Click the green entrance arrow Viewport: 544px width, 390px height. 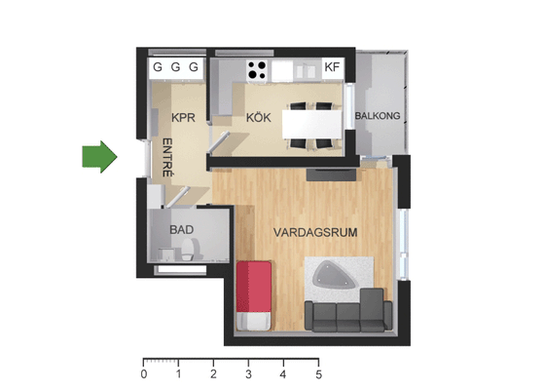99,157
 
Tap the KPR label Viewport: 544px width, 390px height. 183,118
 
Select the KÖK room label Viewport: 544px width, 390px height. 259,117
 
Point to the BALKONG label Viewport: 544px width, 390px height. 378,116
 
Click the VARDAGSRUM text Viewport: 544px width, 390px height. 315,232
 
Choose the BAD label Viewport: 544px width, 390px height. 181,230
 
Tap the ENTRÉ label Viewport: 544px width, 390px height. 167,157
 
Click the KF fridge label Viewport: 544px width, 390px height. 332,66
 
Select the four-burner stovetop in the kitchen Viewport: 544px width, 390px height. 257,70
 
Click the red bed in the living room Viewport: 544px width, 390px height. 254,295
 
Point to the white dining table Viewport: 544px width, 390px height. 312,124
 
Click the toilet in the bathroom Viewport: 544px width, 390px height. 188,250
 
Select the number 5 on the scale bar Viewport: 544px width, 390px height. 319,374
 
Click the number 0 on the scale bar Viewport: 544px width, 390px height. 144,374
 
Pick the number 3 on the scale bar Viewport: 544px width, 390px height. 249,374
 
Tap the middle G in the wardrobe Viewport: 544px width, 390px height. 175,66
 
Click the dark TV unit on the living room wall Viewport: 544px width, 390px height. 331,175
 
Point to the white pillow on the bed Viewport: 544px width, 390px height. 254,321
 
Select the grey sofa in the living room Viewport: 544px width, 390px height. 348,311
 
